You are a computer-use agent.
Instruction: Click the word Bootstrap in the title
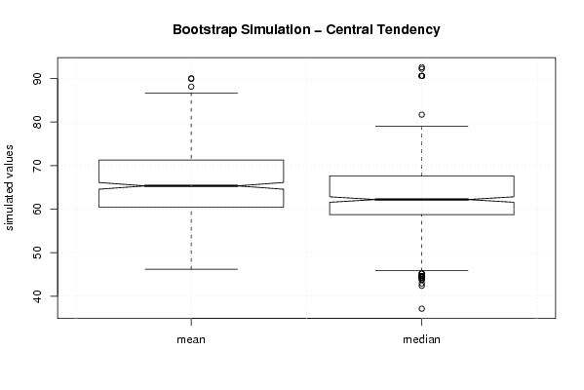pyautogui.click(x=205, y=30)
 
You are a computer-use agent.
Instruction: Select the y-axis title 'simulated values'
pyautogui.click(x=8, y=188)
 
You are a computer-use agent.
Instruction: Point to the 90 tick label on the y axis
pyautogui.click(x=37, y=79)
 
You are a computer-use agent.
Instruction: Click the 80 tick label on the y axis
pyautogui.click(x=37, y=122)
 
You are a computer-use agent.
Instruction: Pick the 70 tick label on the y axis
pyautogui.click(x=37, y=166)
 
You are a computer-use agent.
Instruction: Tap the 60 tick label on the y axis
pyautogui.click(x=37, y=209)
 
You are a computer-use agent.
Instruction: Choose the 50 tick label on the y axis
pyautogui.click(x=37, y=253)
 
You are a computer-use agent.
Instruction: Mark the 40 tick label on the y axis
pyautogui.click(x=37, y=296)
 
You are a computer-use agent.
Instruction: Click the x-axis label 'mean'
pyautogui.click(x=191, y=339)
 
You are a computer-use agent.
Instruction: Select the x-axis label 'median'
pyautogui.click(x=421, y=339)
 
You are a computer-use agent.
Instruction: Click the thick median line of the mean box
pyautogui.click(x=191, y=185)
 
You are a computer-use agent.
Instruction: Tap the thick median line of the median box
pyautogui.click(x=421, y=199)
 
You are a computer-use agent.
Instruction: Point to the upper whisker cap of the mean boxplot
pyautogui.click(x=191, y=93)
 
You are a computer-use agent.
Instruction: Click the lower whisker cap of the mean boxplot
pyautogui.click(x=191, y=269)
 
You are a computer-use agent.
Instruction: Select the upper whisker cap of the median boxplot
pyautogui.click(x=421, y=126)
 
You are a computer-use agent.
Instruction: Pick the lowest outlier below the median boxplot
pyautogui.click(x=421, y=308)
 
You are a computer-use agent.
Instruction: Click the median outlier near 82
pyautogui.click(x=421, y=114)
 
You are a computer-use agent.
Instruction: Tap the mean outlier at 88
pyautogui.click(x=191, y=87)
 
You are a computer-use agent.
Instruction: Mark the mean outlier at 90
pyautogui.click(x=191, y=78)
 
